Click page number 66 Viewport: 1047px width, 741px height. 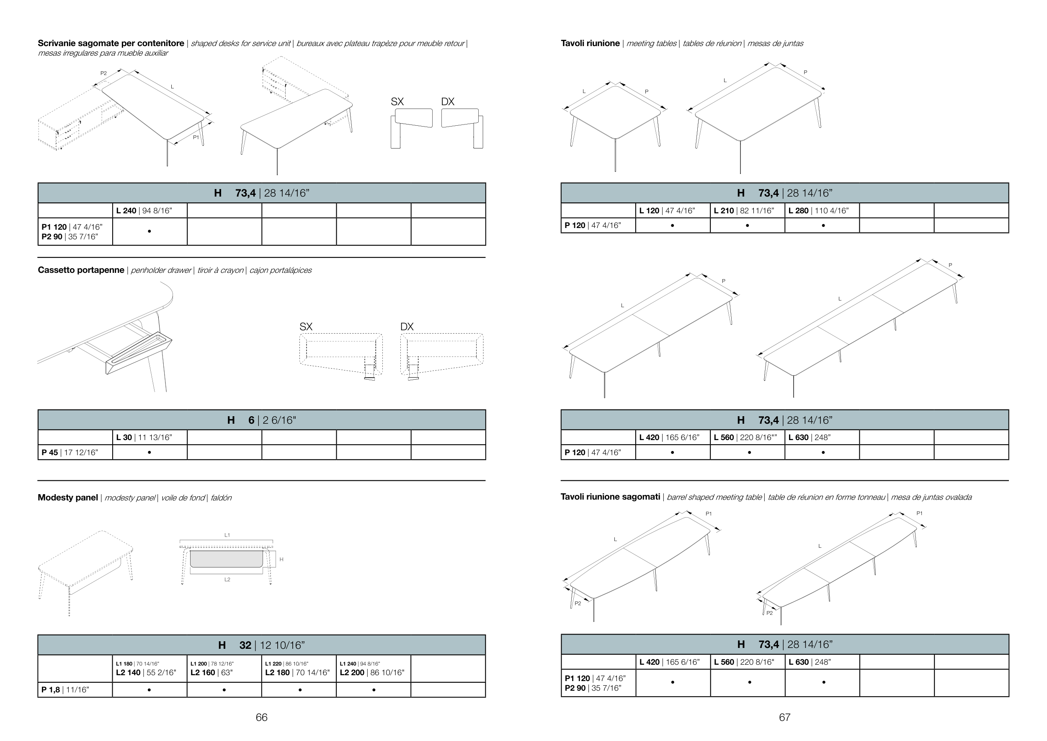pos(261,717)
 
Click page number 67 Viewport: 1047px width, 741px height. pos(784,717)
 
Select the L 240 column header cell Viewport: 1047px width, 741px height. pos(150,210)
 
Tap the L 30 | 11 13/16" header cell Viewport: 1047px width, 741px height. pos(150,437)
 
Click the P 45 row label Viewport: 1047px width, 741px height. pos(75,452)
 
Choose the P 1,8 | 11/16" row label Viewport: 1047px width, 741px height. pos(75,689)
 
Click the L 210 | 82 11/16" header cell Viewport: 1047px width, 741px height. pos(748,210)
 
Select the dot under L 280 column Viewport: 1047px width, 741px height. pos(823,225)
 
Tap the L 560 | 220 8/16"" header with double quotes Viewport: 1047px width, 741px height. pos(748,437)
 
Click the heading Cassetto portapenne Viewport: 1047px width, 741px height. pos(81,269)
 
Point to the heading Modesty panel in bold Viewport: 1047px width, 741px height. pos(67,497)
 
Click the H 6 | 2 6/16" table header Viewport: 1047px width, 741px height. pos(262,420)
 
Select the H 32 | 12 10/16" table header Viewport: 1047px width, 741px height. pos(262,645)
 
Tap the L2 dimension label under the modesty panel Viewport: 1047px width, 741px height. pos(227,580)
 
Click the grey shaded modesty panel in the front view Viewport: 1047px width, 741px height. pos(226,559)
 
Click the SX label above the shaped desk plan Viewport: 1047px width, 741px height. pos(397,102)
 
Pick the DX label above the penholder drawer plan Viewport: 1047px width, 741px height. pos(407,326)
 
